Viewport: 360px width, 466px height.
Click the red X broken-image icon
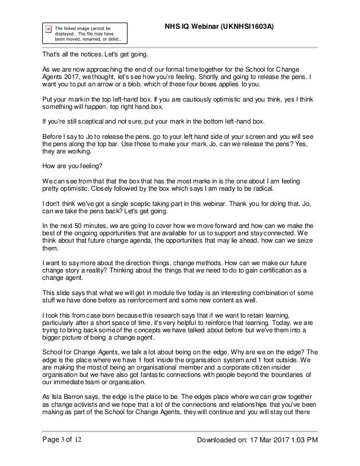tap(48, 28)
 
